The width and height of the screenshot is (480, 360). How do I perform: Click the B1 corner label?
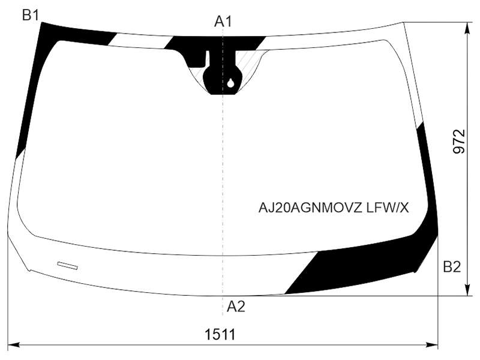[31, 15]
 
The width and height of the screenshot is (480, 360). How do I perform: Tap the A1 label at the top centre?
[223, 22]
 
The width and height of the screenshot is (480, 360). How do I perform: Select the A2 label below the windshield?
[236, 306]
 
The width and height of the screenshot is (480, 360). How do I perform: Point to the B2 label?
[452, 267]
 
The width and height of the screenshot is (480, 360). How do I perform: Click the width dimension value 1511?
[220, 334]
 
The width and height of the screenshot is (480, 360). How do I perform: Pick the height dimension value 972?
[459, 142]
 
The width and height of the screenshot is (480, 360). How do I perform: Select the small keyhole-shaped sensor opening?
[231, 83]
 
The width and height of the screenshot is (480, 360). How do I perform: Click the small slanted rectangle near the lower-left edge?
[67, 266]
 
